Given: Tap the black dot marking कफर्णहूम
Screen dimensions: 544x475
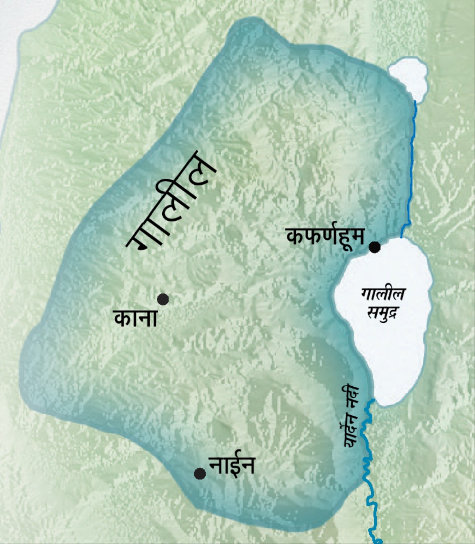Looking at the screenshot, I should pyautogui.click(x=374, y=247).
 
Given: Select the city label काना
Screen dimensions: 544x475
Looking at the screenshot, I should pyautogui.click(x=136, y=318).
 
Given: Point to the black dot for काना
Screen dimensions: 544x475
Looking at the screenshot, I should pyautogui.click(x=163, y=299).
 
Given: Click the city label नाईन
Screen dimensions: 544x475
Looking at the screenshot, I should pyautogui.click(x=232, y=465).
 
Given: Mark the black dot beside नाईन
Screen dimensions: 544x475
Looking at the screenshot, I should pyautogui.click(x=200, y=473).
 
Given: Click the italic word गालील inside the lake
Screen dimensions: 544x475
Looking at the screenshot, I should pyautogui.click(x=383, y=294).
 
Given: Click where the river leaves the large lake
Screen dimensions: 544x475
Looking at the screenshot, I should pyautogui.click(x=372, y=401).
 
